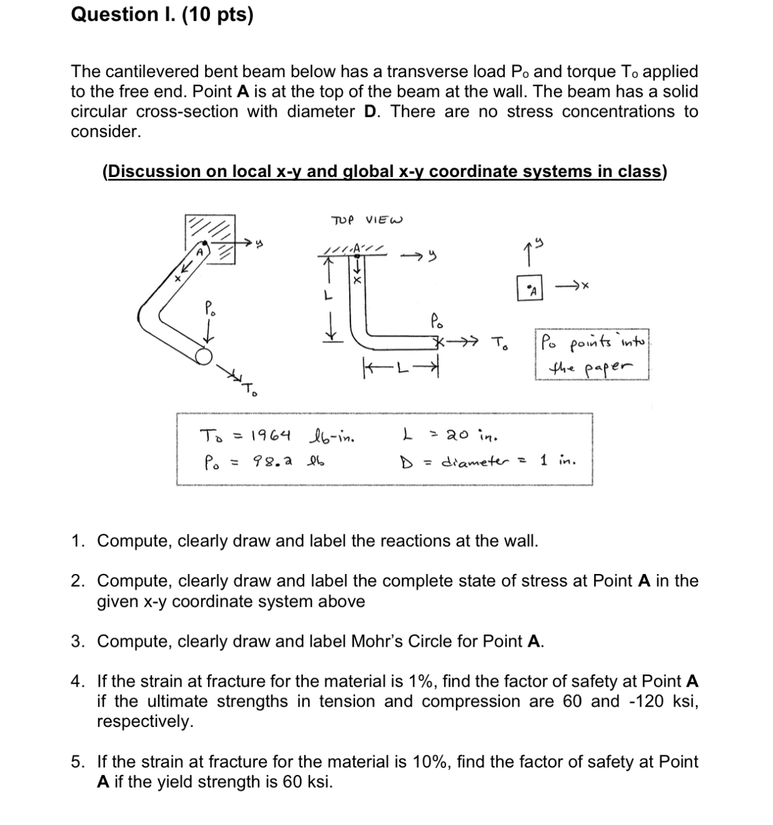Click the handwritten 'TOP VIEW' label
pyautogui.click(x=367, y=220)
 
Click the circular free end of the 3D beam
pyautogui.click(x=204, y=357)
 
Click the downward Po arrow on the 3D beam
pyautogui.click(x=211, y=330)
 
